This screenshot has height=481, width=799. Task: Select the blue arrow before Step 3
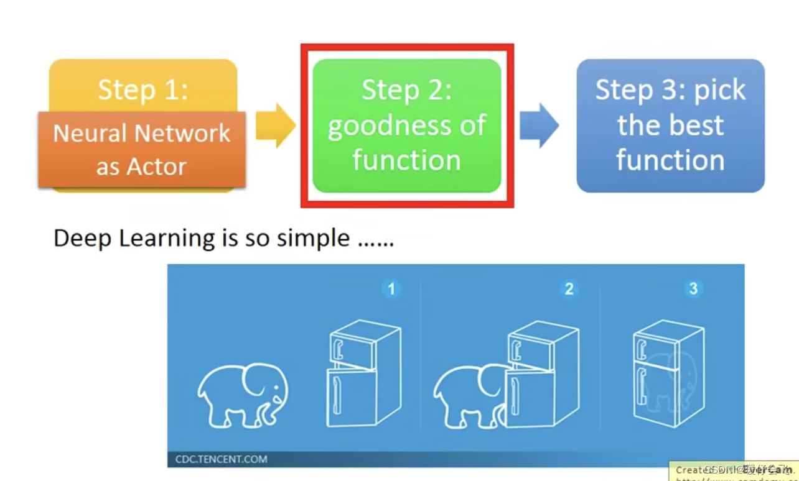pos(539,126)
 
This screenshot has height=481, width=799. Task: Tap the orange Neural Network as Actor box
pos(142,149)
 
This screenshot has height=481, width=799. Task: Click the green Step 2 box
pos(406,126)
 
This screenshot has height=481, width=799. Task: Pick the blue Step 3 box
pos(670,126)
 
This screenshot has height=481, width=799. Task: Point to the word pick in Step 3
pos(720,91)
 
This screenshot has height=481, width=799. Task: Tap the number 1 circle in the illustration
pos(391,289)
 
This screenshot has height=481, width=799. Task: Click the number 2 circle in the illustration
pos(569,289)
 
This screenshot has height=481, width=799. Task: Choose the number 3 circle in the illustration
pos(693,288)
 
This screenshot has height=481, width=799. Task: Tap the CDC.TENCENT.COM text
pos(221,459)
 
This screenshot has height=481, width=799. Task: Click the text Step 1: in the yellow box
pos(143,90)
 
